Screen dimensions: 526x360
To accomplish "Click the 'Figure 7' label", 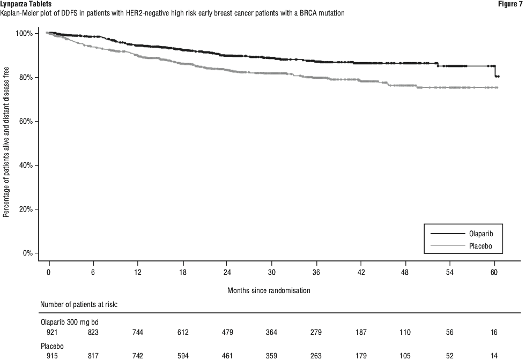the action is [x=508, y=4].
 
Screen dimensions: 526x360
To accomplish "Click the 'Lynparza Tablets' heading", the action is [x=26, y=4].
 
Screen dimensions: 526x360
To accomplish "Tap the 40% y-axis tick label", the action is [x=24, y=165].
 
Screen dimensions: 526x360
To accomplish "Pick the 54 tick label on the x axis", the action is [x=449, y=272].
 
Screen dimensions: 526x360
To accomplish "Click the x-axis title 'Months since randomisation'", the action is [x=269, y=290].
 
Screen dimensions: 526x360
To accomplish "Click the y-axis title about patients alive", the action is [x=6, y=142].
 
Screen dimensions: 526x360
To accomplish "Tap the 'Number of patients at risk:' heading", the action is [x=79, y=304].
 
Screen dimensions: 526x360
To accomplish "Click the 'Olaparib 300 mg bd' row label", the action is [x=70, y=322].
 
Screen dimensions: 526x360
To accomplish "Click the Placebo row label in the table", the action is [x=52, y=346].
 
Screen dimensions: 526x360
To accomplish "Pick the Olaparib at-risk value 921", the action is [x=52, y=332].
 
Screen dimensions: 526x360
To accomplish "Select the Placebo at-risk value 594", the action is [x=183, y=356].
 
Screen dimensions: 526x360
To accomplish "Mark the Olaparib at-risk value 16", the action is [x=494, y=332].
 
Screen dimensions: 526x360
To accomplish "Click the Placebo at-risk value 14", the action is [x=494, y=356].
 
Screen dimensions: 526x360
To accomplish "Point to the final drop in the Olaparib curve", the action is [x=495, y=71].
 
